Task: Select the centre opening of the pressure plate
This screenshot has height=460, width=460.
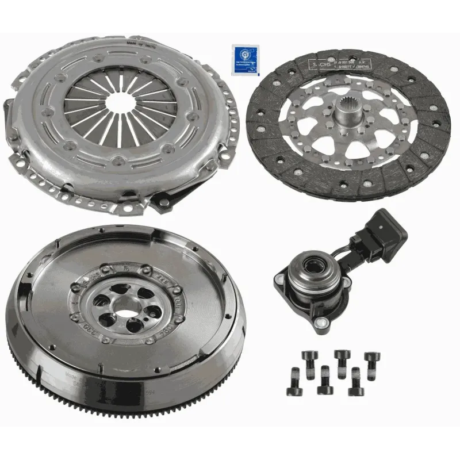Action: pos(119,102)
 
